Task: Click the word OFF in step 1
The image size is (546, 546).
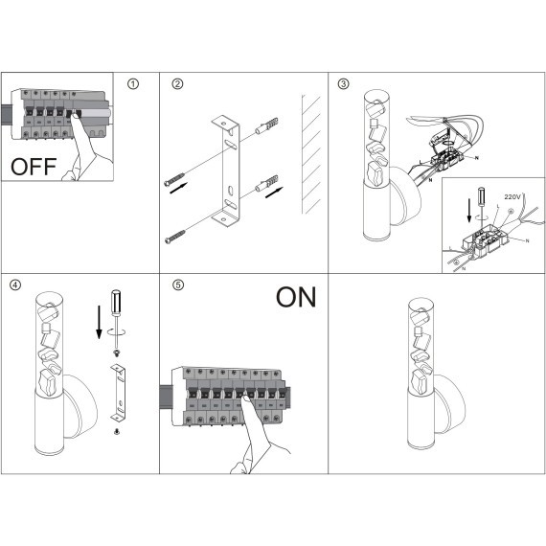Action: (34, 167)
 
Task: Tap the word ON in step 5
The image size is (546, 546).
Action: (296, 297)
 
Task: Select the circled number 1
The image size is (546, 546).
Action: (133, 84)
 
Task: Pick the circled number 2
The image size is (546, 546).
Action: (177, 84)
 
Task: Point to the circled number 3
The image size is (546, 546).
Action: (343, 83)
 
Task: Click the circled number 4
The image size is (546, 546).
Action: (15, 284)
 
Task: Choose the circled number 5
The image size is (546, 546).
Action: (178, 284)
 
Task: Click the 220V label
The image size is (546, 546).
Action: (512, 197)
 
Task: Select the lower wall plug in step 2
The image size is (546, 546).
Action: (266, 184)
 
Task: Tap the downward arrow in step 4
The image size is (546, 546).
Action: (99, 322)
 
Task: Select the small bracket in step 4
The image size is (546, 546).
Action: (118, 392)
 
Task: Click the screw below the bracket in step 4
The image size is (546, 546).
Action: (117, 432)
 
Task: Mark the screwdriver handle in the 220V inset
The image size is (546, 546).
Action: (481, 196)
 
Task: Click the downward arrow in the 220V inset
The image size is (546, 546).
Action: (469, 211)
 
